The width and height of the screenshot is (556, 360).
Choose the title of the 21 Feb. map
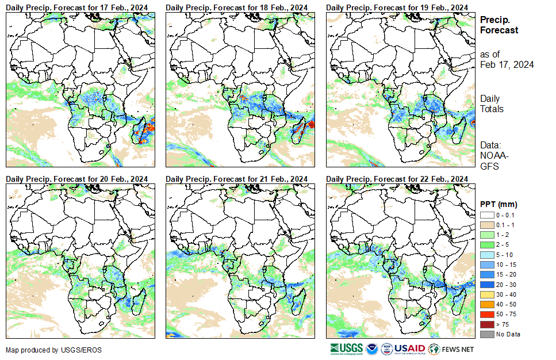(x=236, y=179)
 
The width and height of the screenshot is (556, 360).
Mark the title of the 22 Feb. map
(x=396, y=179)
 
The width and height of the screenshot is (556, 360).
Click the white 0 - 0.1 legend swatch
(x=486, y=215)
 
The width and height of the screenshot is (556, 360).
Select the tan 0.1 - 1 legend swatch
(x=486, y=225)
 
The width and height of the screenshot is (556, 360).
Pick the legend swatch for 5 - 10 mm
(x=486, y=254)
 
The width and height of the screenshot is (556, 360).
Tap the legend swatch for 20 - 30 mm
(x=486, y=284)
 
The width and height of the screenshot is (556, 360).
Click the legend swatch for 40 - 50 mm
(x=486, y=304)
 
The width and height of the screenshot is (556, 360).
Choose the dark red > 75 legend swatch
(x=486, y=324)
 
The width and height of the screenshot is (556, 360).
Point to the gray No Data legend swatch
(x=486, y=334)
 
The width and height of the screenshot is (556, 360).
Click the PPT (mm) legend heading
(x=499, y=204)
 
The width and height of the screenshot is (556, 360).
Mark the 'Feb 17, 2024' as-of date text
(x=507, y=64)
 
